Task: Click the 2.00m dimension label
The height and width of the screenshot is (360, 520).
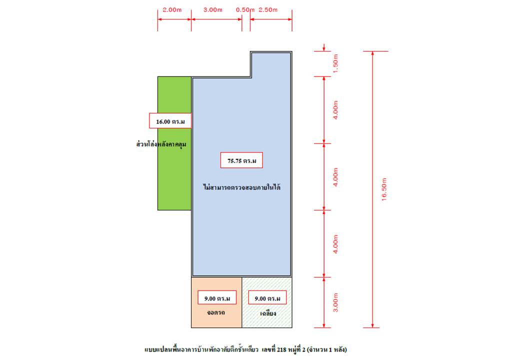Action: tap(172, 10)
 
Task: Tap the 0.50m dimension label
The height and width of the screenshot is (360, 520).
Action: tap(245, 10)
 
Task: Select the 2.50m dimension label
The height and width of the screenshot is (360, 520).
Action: tap(268, 10)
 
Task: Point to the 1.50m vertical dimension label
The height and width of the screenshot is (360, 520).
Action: tap(335, 63)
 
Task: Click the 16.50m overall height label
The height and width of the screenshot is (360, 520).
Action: tap(384, 189)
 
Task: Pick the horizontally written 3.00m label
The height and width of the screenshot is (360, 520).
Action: tap(213, 10)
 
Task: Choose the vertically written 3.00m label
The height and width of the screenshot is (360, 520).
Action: tap(335, 302)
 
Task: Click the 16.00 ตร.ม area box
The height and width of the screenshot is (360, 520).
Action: tap(170, 121)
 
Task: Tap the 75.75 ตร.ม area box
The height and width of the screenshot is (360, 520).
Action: tap(241, 160)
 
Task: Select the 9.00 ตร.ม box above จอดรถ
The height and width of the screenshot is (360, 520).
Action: tap(217, 297)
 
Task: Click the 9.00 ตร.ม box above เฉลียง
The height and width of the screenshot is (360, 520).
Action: tap(267, 297)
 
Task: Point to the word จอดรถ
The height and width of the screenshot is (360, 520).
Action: tap(216, 312)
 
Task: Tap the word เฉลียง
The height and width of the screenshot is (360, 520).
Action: tap(268, 313)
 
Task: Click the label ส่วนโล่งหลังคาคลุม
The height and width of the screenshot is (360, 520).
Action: tap(161, 144)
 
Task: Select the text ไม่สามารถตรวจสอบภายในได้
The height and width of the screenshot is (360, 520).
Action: tap(241, 187)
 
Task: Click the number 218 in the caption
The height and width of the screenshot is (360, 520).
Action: tap(281, 349)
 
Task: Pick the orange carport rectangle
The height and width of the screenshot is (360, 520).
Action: tap(216, 302)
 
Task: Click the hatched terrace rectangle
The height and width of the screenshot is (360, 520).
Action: tap(267, 302)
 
